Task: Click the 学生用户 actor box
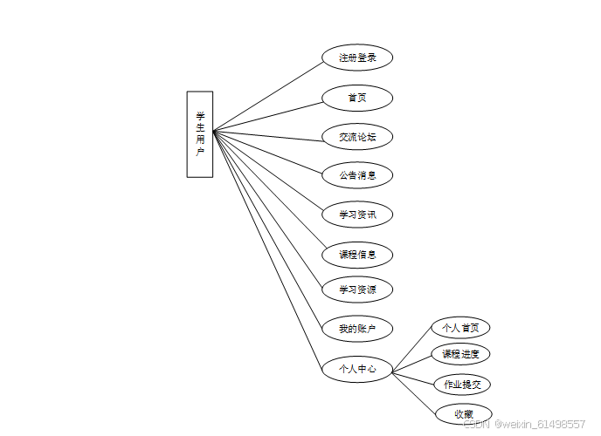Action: coord(199,133)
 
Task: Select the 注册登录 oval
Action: coord(357,58)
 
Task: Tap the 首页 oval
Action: coord(357,97)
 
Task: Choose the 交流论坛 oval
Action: coord(357,136)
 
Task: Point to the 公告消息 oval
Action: coord(357,175)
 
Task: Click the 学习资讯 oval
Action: coord(357,215)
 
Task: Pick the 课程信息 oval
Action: coord(357,255)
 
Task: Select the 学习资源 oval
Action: coord(357,290)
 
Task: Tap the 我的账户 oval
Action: coord(357,329)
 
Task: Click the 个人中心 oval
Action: coord(357,369)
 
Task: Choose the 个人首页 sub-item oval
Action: coord(460,328)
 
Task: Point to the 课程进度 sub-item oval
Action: coord(460,354)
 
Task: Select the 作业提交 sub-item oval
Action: coord(462,384)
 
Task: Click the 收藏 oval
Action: coord(463,413)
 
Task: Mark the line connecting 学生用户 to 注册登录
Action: coord(267,96)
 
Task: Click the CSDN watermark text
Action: coord(523,424)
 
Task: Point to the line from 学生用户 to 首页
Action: coord(267,115)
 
